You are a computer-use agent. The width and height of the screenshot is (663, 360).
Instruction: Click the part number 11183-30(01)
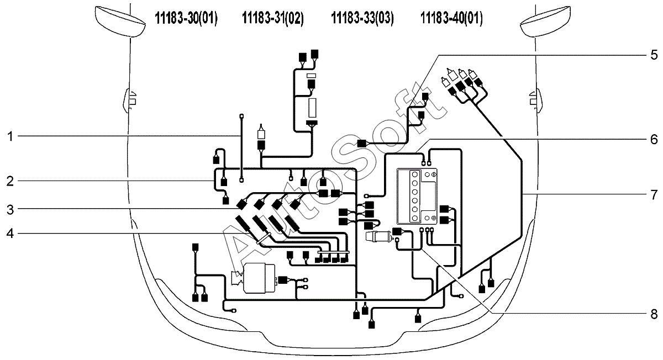click(186, 18)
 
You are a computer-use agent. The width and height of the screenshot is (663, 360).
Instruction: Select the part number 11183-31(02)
click(273, 18)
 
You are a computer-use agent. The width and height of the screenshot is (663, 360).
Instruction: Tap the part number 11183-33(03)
click(362, 18)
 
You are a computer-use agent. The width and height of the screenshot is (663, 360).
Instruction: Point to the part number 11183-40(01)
click(452, 18)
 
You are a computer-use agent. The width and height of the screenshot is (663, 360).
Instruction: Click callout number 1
click(10, 137)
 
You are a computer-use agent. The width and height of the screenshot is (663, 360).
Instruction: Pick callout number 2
click(10, 181)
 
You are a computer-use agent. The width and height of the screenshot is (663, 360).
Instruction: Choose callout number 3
click(10, 209)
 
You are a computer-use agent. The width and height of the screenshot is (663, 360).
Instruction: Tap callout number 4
click(10, 234)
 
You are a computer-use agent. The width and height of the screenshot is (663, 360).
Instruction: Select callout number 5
click(654, 55)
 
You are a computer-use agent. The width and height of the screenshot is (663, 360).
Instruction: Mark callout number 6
click(654, 139)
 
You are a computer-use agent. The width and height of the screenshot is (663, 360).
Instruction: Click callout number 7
click(654, 195)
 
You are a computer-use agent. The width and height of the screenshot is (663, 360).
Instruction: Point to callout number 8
click(654, 314)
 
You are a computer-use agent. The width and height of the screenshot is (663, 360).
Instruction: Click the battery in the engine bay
click(417, 197)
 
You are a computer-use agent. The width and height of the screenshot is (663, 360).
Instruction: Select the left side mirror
click(120, 22)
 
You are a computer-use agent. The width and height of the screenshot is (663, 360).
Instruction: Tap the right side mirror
click(545, 22)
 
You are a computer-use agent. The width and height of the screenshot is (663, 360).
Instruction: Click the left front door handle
click(130, 100)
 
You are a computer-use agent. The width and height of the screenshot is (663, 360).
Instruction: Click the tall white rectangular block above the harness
click(312, 108)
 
